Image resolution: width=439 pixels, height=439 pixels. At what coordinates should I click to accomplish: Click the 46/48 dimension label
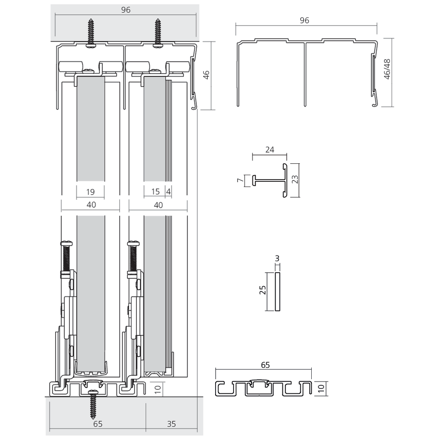point(387,69)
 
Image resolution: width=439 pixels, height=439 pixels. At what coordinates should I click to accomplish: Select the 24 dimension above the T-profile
point(270,150)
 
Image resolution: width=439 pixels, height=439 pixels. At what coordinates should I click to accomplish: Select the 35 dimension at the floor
point(172,424)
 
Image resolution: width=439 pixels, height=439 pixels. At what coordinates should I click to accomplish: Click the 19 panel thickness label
point(91,191)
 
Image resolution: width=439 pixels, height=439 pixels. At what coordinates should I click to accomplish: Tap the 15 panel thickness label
point(155,191)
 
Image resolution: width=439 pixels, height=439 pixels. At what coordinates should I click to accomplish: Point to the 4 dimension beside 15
point(168,191)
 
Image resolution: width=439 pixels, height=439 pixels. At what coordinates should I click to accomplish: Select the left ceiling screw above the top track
point(91,33)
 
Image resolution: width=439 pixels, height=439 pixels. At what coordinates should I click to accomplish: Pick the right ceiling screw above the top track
point(158,33)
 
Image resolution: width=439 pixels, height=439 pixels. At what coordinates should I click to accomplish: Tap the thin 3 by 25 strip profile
point(277,291)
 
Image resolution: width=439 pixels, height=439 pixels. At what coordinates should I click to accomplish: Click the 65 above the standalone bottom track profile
point(265,364)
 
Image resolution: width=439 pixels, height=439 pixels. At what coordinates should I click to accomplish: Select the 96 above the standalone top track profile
point(305,20)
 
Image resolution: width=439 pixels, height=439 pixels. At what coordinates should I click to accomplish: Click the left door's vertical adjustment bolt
point(67,257)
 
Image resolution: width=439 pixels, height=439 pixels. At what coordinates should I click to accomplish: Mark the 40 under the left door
point(91,205)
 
